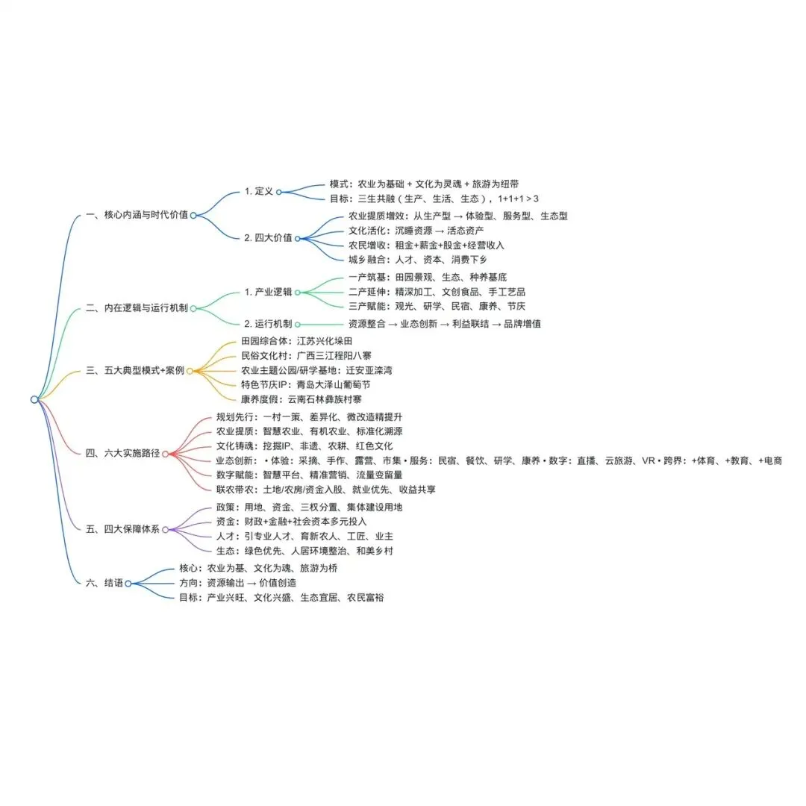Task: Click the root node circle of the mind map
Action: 34,399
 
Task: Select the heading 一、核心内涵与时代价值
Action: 137,215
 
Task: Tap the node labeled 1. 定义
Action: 259,192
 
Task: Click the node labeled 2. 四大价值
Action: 268,238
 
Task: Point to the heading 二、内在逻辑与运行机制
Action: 137,307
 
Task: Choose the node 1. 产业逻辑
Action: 268,292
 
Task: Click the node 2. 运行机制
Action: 268,324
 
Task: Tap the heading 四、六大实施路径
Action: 123,453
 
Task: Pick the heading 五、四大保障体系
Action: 123,529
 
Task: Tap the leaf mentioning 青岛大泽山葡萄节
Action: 305,385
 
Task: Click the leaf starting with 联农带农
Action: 326,490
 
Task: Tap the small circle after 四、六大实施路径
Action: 166,453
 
